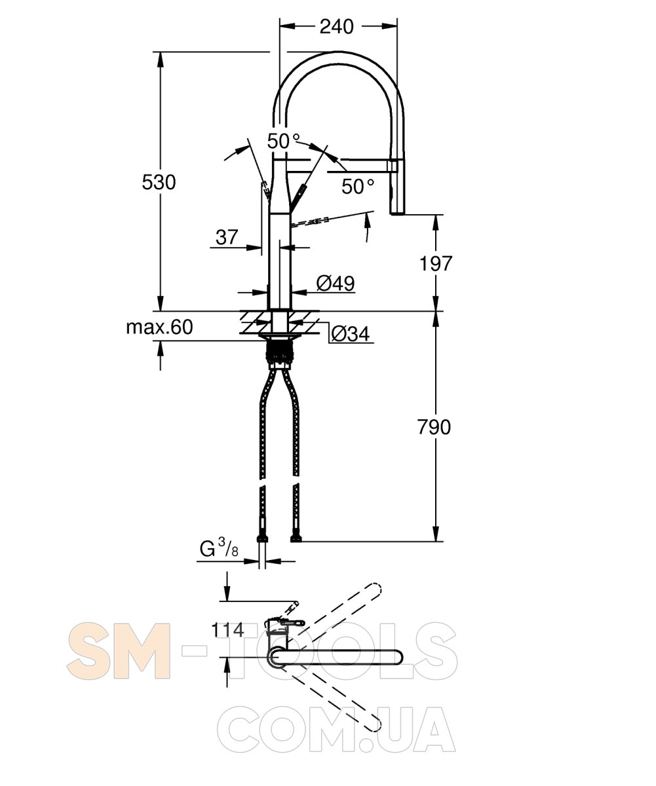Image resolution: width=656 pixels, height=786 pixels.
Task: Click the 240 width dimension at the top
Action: [336, 27]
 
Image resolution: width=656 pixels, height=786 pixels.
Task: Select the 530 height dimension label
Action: [159, 182]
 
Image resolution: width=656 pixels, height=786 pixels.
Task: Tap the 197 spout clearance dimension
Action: [435, 263]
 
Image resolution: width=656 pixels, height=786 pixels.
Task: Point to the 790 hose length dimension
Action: [434, 427]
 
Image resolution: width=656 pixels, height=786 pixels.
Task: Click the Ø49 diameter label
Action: [336, 284]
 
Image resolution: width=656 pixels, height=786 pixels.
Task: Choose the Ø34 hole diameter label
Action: [351, 333]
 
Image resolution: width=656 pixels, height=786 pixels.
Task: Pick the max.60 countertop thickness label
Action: [159, 327]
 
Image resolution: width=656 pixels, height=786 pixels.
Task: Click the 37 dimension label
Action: [227, 237]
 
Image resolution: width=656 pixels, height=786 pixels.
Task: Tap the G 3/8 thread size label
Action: [219, 548]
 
